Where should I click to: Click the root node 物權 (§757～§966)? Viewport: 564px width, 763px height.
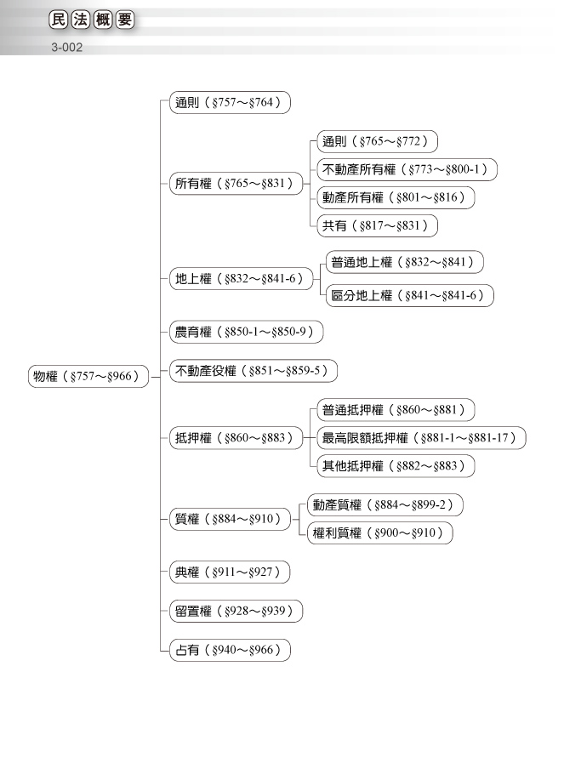[88, 376]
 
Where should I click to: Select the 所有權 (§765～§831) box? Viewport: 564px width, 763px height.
[236, 184]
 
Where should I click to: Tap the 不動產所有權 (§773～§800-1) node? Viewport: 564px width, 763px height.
[407, 169]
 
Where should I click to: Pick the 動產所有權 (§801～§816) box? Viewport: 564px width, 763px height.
[396, 197]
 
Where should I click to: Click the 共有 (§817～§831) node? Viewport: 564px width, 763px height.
[377, 225]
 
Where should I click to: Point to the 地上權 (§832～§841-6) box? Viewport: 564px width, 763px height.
[242, 279]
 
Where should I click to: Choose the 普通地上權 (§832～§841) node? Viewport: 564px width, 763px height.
[404, 262]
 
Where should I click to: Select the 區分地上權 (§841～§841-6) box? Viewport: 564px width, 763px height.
[410, 295]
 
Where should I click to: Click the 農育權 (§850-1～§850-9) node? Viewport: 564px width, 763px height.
[246, 332]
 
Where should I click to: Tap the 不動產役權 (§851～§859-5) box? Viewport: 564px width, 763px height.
[253, 371]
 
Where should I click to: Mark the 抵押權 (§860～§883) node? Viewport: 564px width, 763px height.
[236, 438]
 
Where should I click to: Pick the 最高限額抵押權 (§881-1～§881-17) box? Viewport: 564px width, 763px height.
[421, 438]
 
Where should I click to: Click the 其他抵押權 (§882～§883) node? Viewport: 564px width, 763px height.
[396, 466]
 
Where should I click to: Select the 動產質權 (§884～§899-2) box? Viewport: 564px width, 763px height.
[385, 505]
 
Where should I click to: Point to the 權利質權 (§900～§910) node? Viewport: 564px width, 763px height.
[380, 532]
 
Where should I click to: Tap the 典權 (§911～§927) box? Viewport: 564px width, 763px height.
[230, 572]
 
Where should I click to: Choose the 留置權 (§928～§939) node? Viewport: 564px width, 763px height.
[236, 611]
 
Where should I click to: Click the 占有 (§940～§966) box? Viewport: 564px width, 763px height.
[230, 650]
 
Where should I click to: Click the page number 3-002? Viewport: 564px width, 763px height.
[67, 48]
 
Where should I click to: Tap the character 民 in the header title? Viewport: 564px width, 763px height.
[58, 20]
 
